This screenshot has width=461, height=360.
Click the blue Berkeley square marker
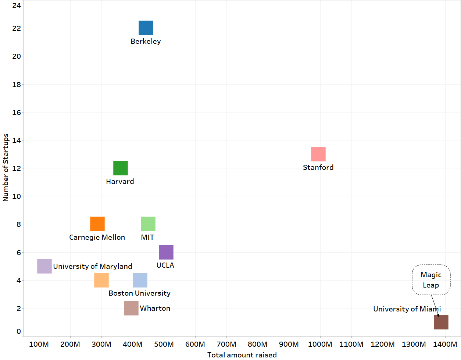146,28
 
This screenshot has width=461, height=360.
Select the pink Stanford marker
318,154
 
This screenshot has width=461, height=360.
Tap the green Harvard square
121,168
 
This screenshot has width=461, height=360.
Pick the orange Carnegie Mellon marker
97,224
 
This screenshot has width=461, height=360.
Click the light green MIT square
148,224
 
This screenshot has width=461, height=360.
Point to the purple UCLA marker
166,252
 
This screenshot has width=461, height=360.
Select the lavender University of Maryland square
44,266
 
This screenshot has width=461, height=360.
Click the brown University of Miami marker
441,322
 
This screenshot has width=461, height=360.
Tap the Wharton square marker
131,308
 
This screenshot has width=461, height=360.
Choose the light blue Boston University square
140,280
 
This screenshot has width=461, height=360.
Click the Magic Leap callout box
431,280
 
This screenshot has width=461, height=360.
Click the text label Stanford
318,167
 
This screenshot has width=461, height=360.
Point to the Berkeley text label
146,42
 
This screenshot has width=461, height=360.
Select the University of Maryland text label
93,266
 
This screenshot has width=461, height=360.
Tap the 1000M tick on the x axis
320,345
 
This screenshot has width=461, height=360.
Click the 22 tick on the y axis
17,28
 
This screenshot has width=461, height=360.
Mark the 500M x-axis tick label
164,345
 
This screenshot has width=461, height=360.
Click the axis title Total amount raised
242,355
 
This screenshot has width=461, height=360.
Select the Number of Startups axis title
6,168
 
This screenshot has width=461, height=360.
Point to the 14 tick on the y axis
17,140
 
